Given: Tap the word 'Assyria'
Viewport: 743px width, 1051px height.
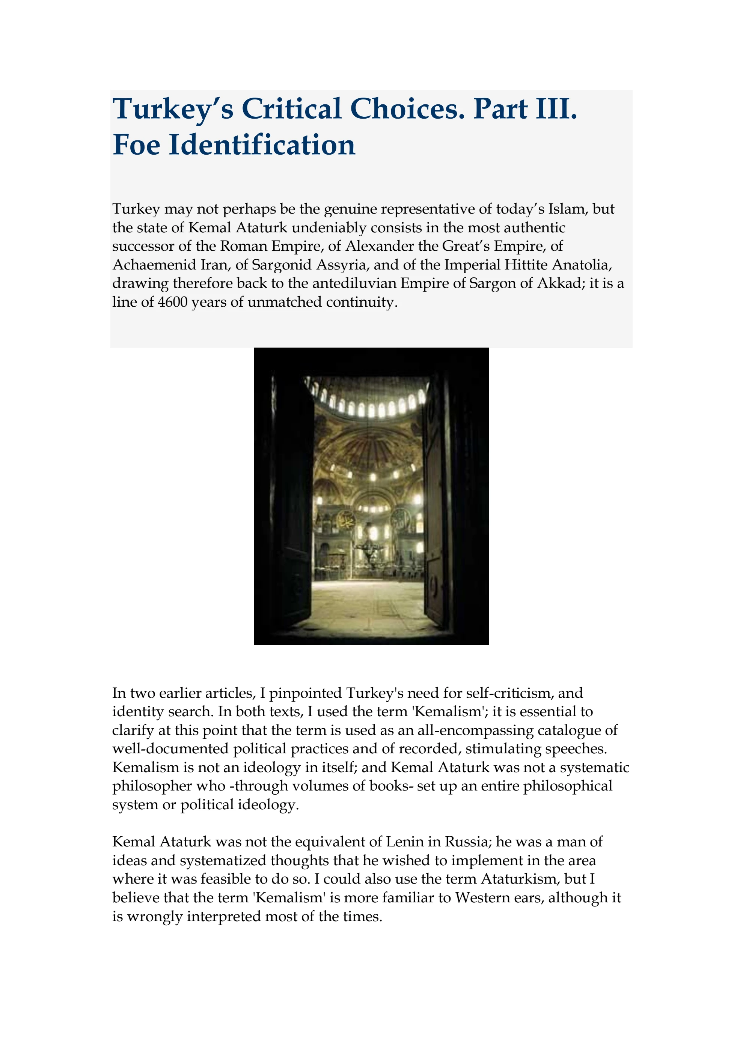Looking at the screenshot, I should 343,265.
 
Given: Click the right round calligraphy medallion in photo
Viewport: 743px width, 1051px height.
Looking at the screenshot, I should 401,518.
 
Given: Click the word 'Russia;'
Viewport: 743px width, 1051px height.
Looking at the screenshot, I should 468,841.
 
